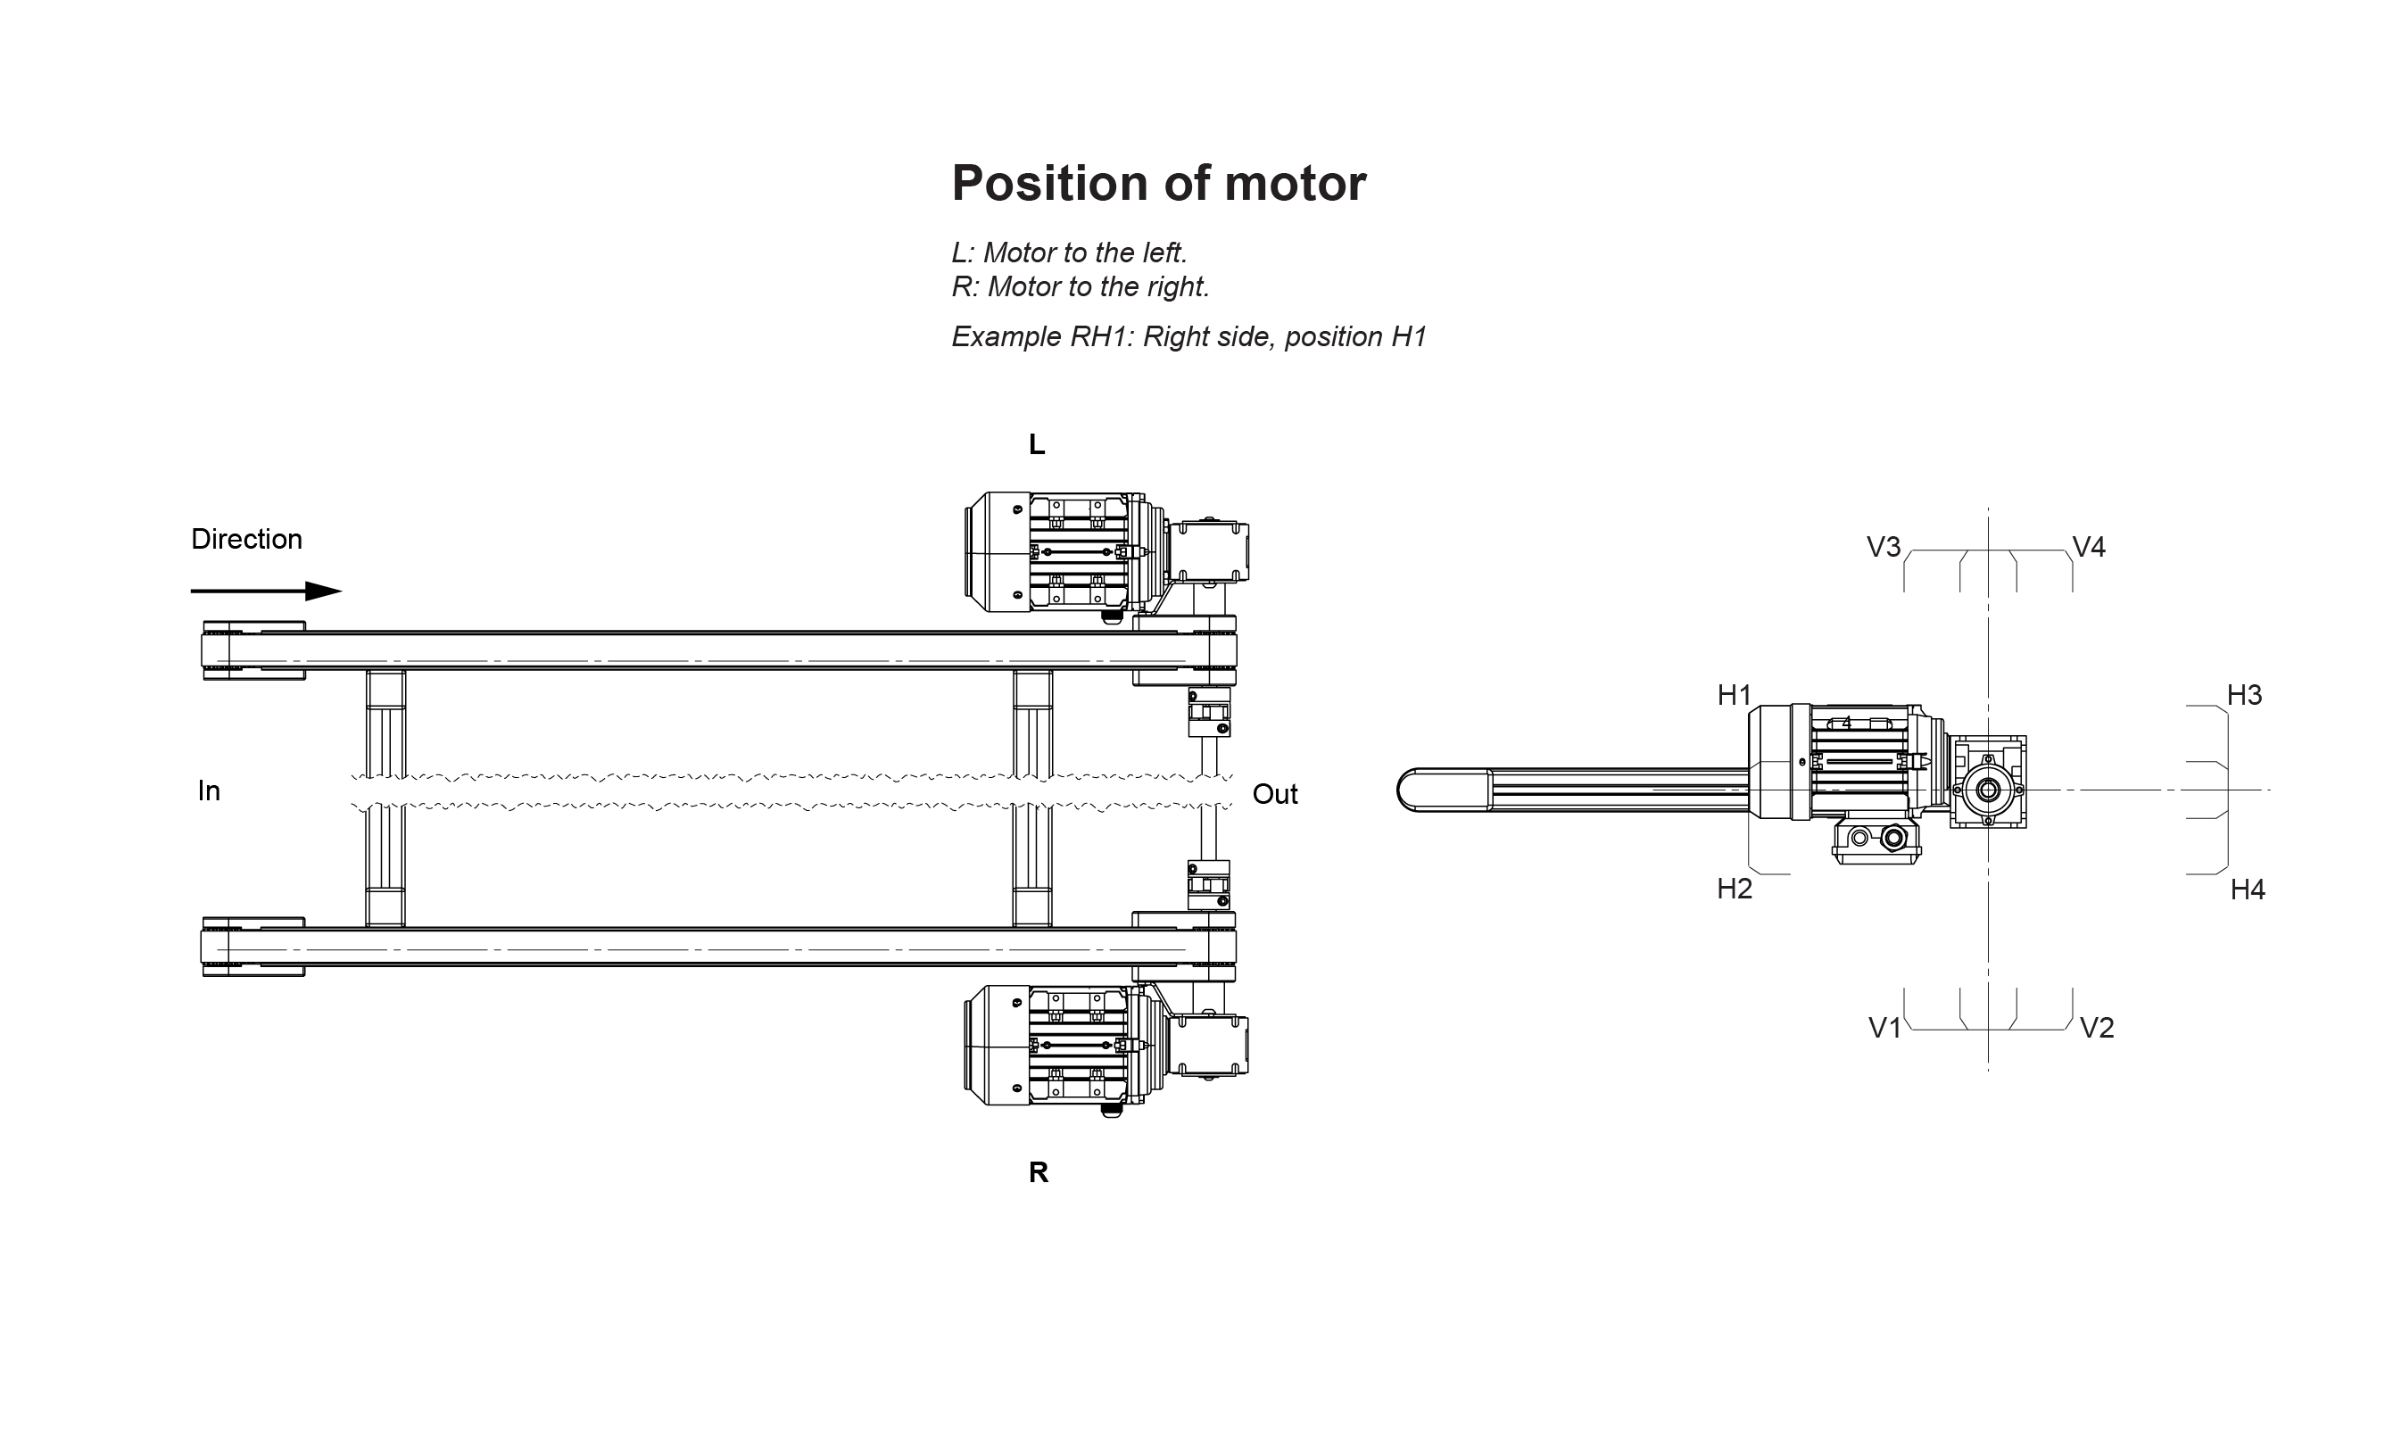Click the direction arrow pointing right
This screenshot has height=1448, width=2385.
point(266,592)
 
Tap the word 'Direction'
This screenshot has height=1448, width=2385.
point(246,539)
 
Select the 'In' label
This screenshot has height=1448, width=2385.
point(209,790)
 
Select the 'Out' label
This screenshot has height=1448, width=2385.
point(1274,795)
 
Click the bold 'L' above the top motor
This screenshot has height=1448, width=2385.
point(1037,445)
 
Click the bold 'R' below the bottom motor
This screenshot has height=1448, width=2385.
point(1038,1173)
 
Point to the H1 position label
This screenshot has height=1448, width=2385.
point(1734,695)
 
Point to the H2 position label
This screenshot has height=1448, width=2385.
point(1734,889)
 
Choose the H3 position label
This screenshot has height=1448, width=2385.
point(2244,695)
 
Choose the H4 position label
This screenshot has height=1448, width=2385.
point(2247,889)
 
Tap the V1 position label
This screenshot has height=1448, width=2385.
point(1884,1028)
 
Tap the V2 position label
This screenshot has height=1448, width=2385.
point(2096,1028)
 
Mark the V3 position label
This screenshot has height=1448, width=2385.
point(1883,548)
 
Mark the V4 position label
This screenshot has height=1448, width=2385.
point(2088,548)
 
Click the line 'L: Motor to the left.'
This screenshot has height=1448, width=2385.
point(1069,252)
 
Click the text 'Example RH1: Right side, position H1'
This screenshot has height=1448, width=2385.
point(1188,337)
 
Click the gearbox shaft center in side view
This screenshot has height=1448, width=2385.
point(1987,790)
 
